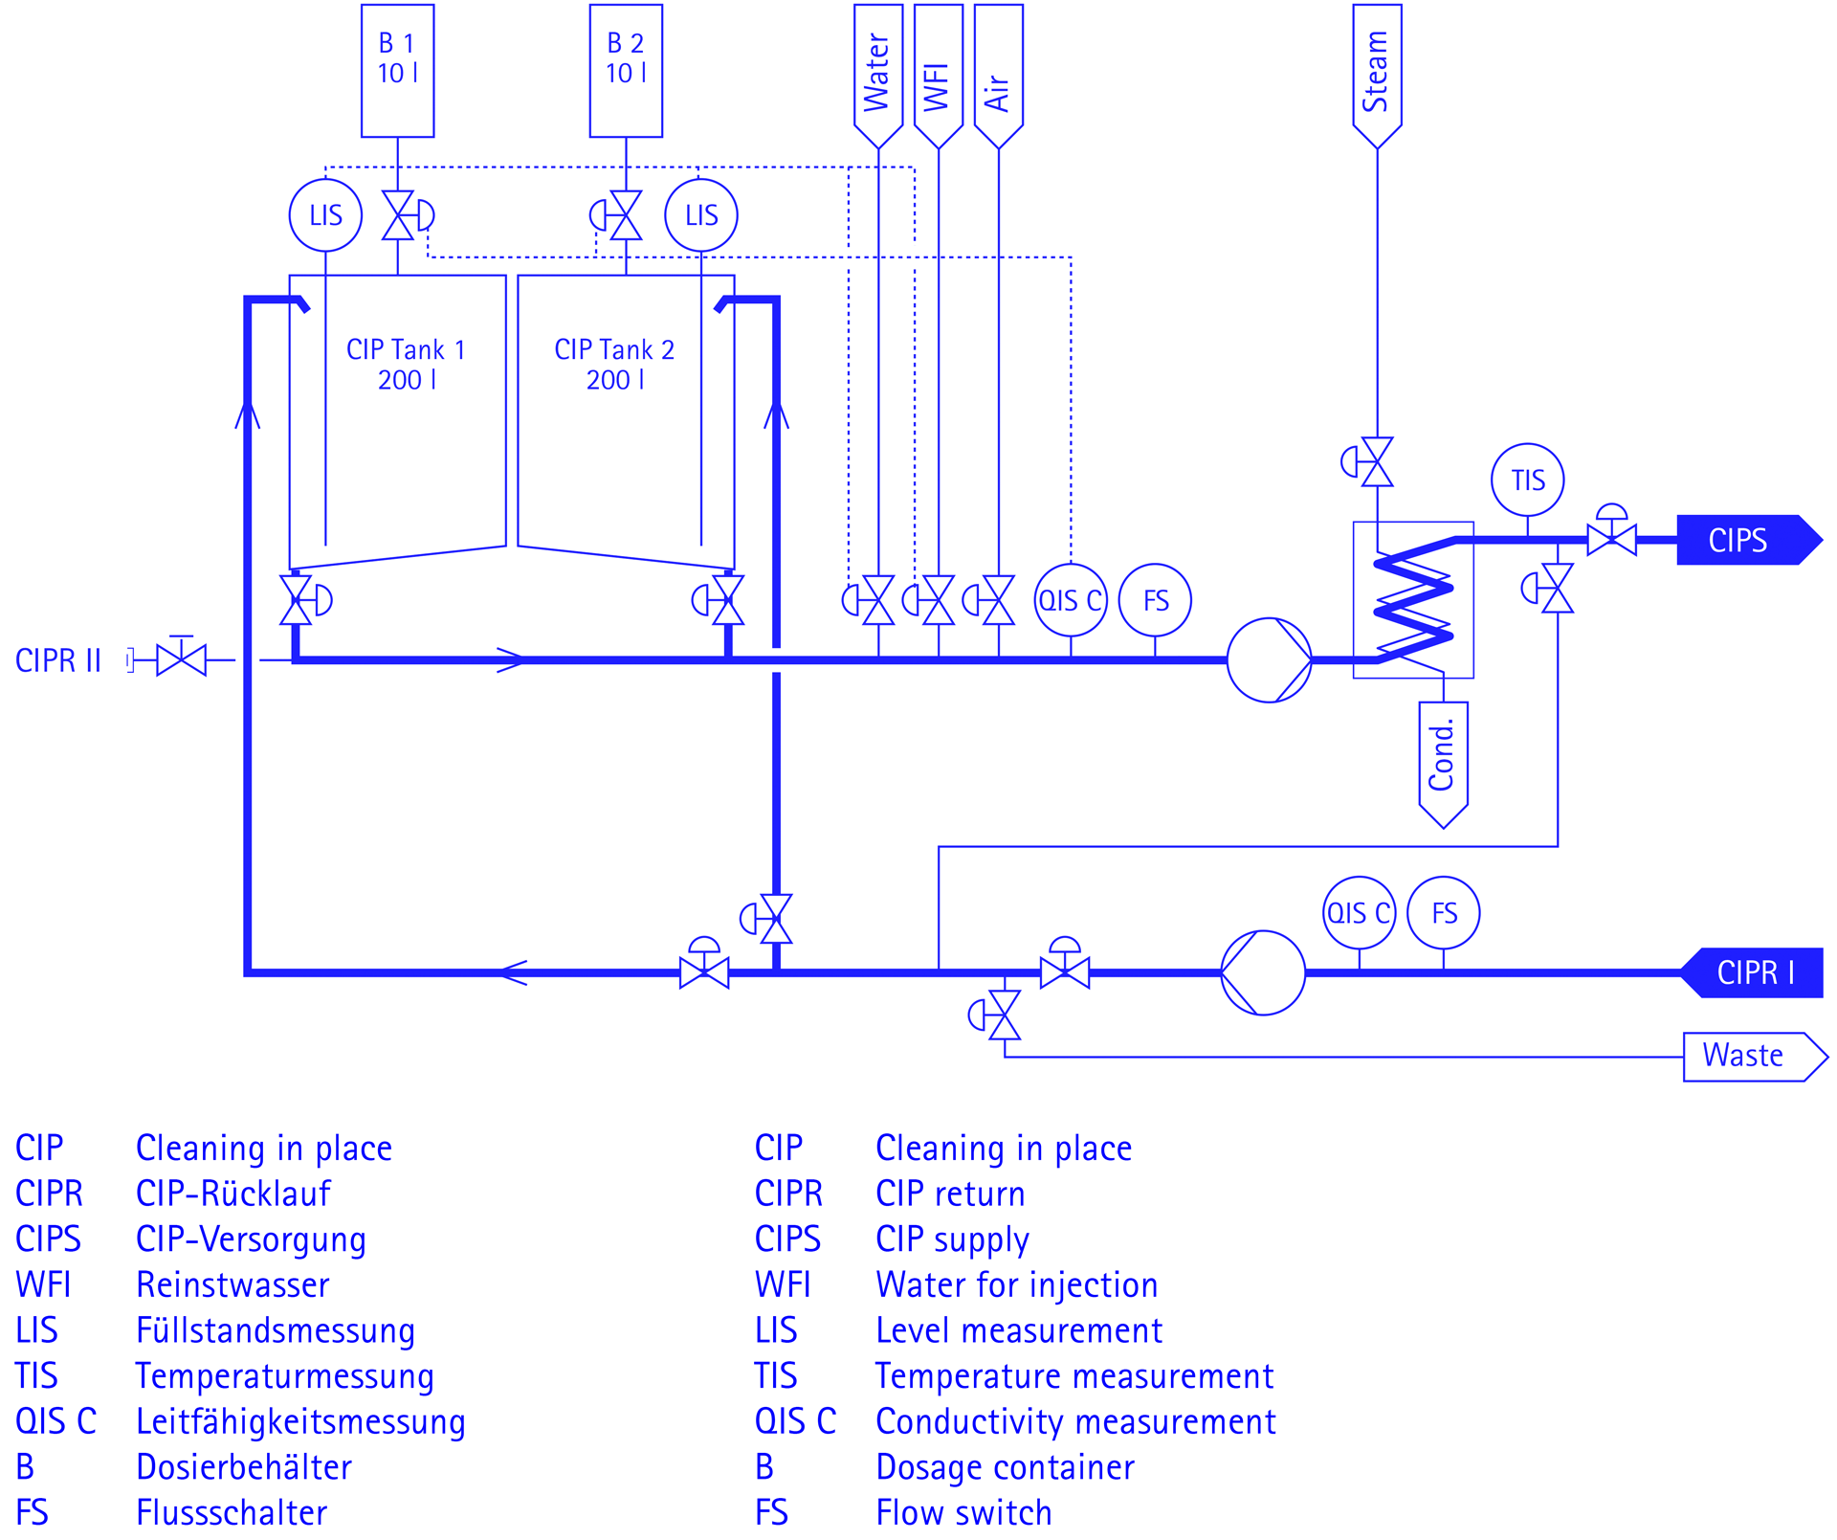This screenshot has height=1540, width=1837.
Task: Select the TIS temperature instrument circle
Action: coord(1527,480)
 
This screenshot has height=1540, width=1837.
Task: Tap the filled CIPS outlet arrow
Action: coord(1747,541)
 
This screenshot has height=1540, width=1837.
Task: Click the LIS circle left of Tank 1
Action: coord(325,215)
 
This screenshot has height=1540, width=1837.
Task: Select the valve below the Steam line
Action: coord(1377,462)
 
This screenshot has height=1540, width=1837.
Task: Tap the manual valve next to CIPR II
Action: coord(181,660)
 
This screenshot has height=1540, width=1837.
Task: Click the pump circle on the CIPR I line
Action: coord(1263,972)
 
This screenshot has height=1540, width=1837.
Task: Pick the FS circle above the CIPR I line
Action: coord(1444,913)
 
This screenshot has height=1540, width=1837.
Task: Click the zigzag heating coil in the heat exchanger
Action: coord(1413,600)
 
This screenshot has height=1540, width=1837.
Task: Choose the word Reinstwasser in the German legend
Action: coord(232,1284)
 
